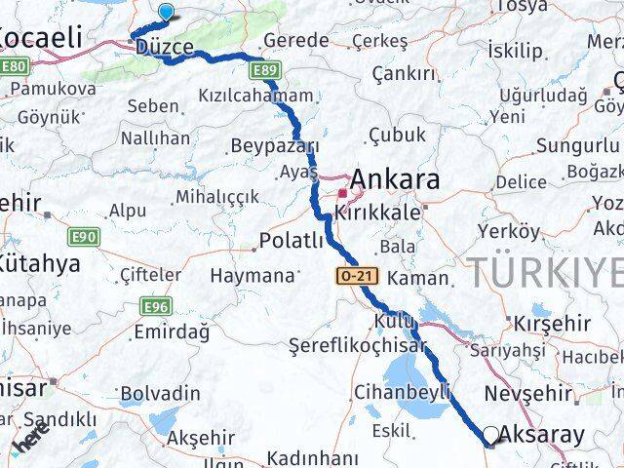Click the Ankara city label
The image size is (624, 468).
click(394, 179)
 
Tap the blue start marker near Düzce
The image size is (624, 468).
click(167, 13)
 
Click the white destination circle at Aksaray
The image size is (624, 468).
click(491, 435)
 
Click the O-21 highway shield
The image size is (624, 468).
click(357, 277)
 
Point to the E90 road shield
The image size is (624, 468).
click(84, 237)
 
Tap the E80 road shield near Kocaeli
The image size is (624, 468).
click(14, 66)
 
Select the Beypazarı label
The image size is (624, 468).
click(275, 146)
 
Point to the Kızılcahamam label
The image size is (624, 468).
click(256, 96)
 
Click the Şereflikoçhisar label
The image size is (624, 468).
click(359, 345)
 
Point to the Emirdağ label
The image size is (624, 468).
click(174, 331)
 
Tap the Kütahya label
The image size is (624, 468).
click(39, 264)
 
